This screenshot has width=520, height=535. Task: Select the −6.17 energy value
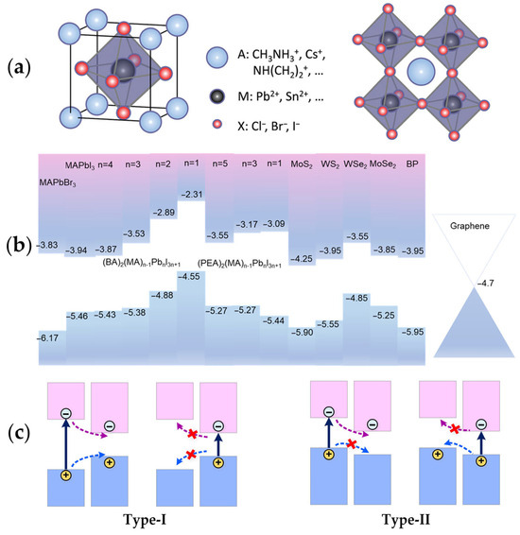click(x=49, y=337)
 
